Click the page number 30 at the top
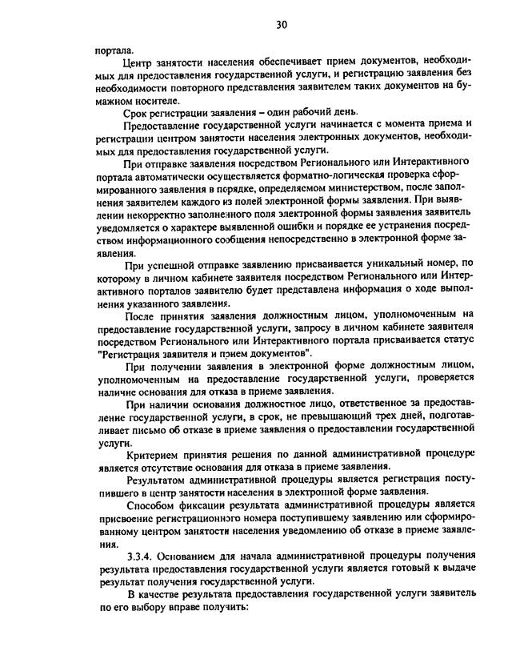281,25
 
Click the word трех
343,416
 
